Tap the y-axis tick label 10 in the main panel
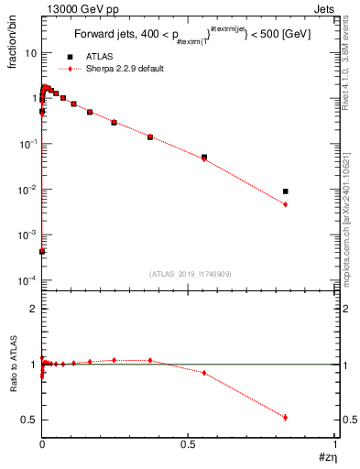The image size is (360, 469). (30, 53)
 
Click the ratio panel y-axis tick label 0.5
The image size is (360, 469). (29, 420)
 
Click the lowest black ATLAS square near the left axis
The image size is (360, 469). (42, 251)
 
